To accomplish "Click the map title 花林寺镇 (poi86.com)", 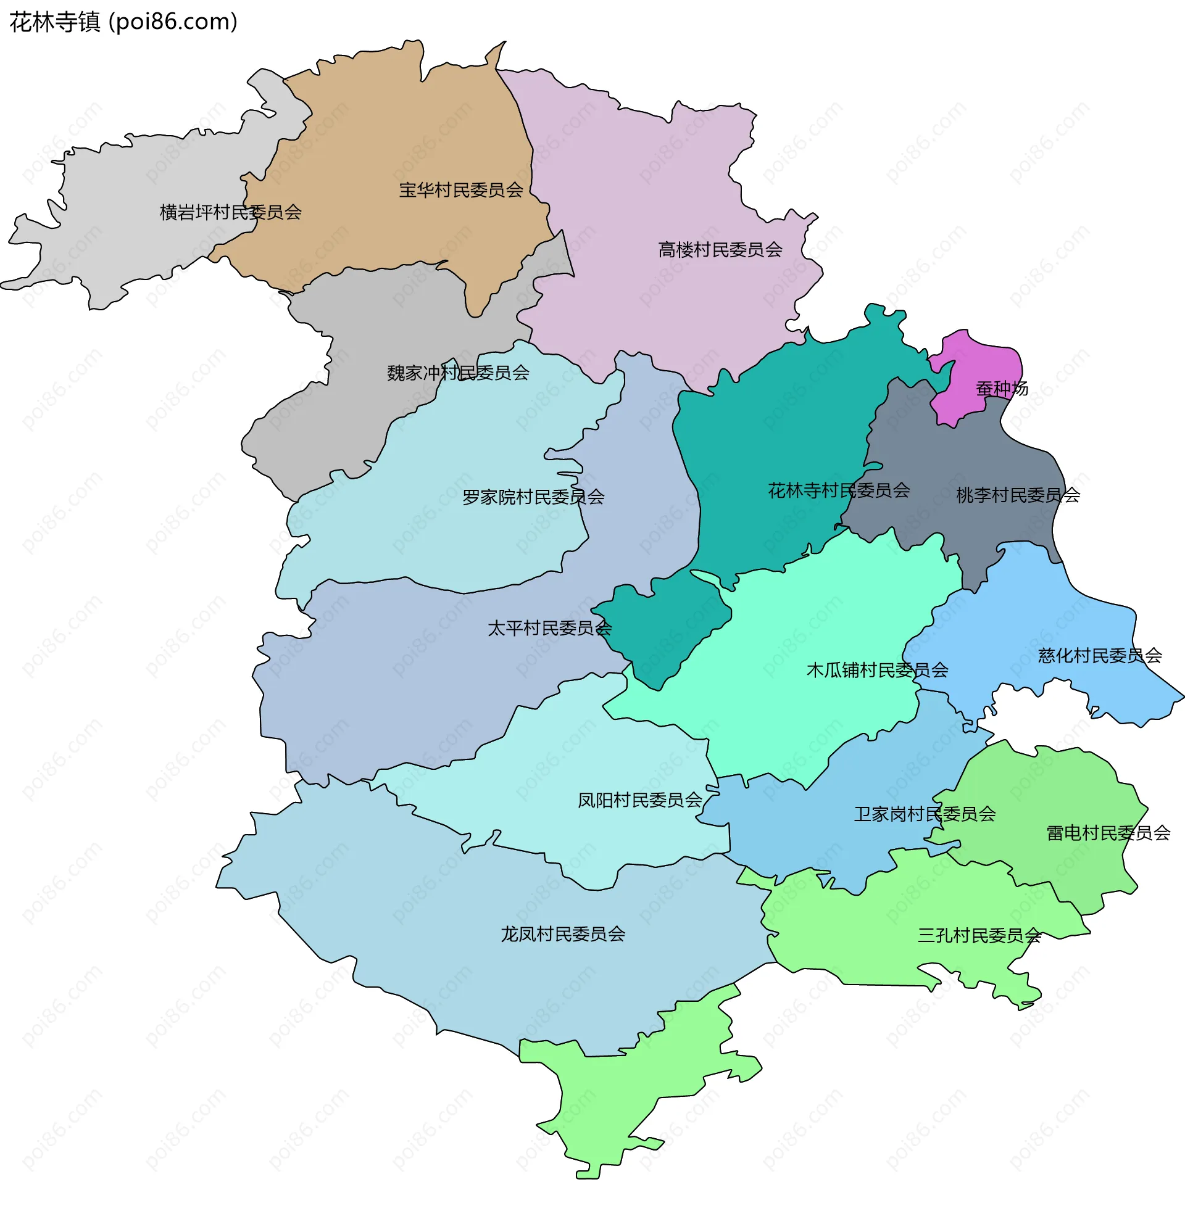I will pyautogui.click(x=123, y=22).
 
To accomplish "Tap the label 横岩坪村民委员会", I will pyautogui.click(x=230, y=213).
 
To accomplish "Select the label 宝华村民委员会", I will pyautogui.click(x=460, y=190).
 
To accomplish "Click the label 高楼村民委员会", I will pyautogui.click(x=720, y=250).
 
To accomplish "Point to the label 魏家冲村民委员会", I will pyautogui.click(x=458, y=373).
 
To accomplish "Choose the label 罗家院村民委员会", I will pyautogui.click(x=533, y=498).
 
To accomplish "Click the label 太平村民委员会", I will pyautogui.click(x=549, y=628).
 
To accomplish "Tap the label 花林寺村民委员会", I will pyautogui.click(x=839, y=490).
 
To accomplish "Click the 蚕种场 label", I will pyautogui.click(x=1002, y=389).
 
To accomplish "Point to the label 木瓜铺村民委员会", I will pyautogui.click(x=878, y=671).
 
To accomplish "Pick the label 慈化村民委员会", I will pyautogui.click(x=1100, y=656).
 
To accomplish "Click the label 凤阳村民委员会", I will pyautogui.click(x=640, y=801).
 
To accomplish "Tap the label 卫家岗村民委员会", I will pyautogui.click(x=925, y=814).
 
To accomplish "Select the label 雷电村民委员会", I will pyautogui.click(x=1108, y=833).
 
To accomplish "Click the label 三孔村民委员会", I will pyautogui.click(x=979, y=936).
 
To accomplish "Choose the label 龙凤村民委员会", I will pyautogui.click(x=563, y=935).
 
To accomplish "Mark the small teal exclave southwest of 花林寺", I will pyautogui.click(x=660, y=628).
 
